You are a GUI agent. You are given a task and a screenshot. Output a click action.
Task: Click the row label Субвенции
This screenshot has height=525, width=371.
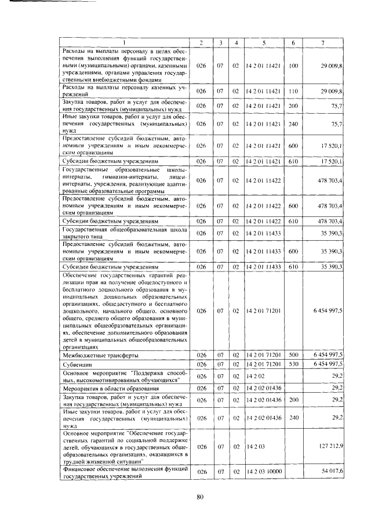(77, 364)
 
